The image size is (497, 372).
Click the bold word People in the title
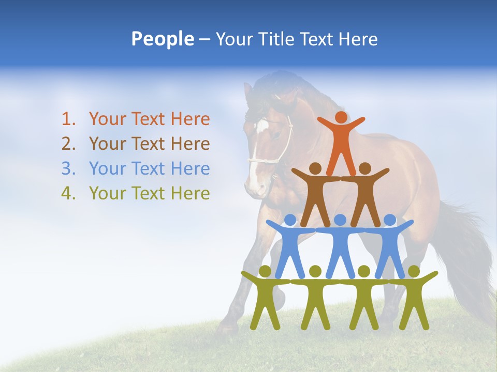point(162,39)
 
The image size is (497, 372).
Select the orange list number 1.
point(68,119)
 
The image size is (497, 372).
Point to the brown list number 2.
point(68,144)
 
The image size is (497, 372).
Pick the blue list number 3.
point(68,168)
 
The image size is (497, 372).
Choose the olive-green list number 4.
point(68,193)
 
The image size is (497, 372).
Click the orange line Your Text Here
point(149,119)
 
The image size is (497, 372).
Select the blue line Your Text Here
point(149,168)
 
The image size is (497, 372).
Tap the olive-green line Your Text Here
point(149,193)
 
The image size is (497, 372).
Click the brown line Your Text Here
point(149,144)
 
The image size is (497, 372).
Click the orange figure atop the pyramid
point(341,142)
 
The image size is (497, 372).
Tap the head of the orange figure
point(341,117)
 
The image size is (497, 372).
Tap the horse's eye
point(278,135)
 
